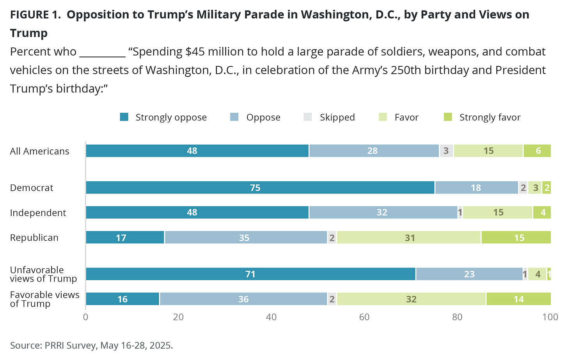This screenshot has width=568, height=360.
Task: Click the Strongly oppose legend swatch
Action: point(124,117)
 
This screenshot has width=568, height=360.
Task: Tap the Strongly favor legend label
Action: point(490,117)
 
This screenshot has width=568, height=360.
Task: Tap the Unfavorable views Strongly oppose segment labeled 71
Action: point(250,274)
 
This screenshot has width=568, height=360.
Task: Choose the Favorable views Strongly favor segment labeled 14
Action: point(518,299)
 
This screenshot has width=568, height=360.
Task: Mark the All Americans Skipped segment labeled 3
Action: point(446,151)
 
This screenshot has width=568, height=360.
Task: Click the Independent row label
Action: point(38,213)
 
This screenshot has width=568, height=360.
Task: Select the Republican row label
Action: point(34,238)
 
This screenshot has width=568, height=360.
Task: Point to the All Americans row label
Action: point(39,151)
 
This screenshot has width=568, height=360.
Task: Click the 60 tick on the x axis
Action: point(364,317)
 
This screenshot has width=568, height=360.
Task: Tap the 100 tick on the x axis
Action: point(550,317)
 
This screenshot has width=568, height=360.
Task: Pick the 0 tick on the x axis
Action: point(86,317)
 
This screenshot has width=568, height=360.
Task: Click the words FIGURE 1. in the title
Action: point(35,15)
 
